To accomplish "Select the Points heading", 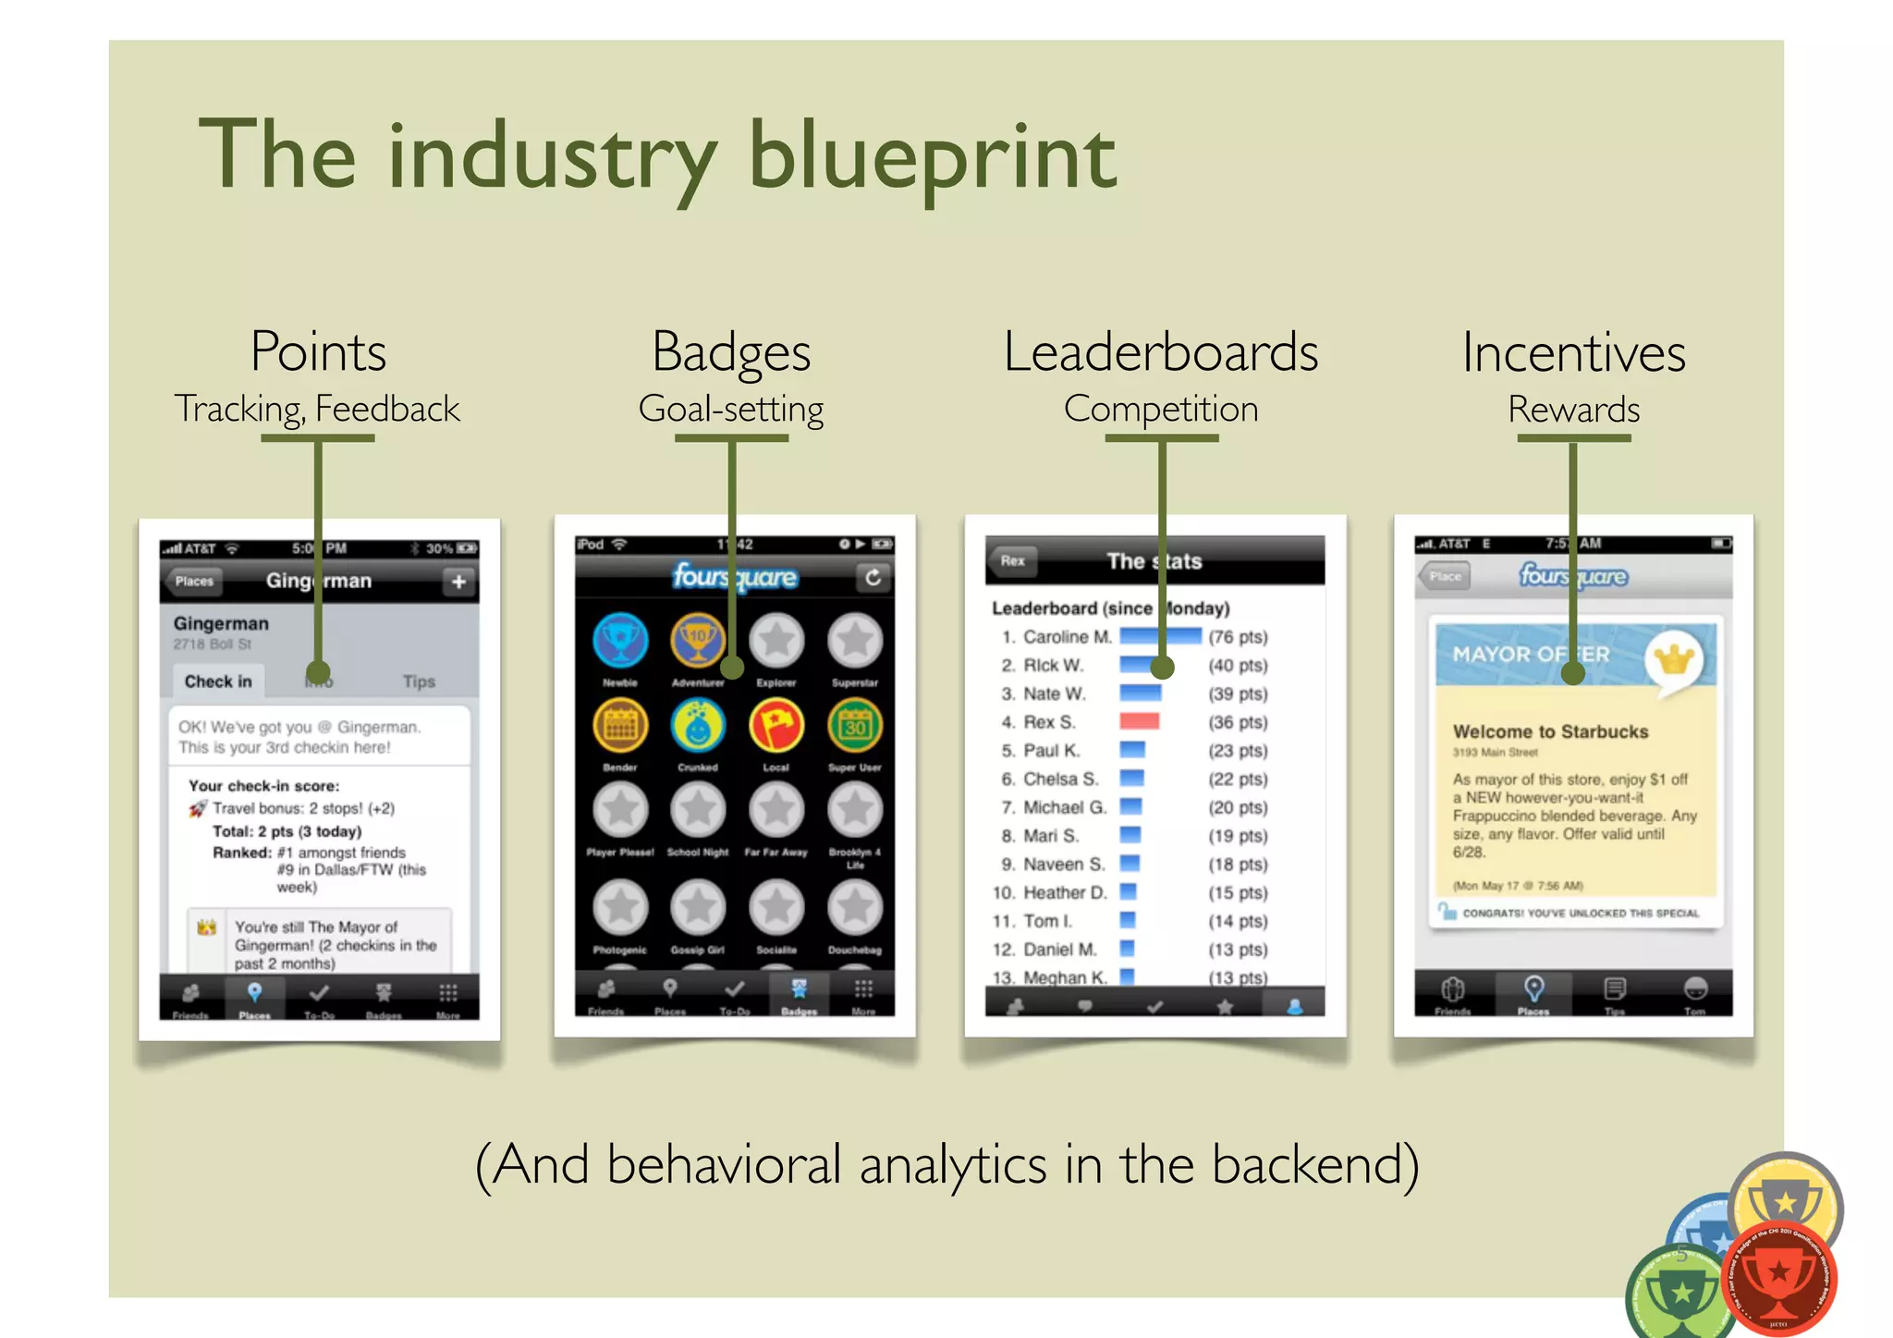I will coord(318,352).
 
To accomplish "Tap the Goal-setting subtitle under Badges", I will coord(730,409).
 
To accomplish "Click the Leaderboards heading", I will coord(1160,352).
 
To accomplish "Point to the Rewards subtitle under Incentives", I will coord(1573,409).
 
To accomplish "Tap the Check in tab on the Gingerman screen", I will coord(218,681).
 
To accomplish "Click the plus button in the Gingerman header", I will coord(458,582).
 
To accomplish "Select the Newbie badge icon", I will coord(620,641).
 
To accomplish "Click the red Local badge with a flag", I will coord(776,726).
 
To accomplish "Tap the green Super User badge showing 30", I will coord(855,726).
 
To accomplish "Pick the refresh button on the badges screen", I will coord(873,578).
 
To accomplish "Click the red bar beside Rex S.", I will coord(1139,722).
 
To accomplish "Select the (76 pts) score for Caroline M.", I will coord(1238,637).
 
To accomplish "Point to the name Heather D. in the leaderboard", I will coord(1064,893).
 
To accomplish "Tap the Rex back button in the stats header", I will coord(1013,560).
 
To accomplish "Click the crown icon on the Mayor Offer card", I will coord(1674,659).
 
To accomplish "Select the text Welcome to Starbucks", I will coord(1550,731).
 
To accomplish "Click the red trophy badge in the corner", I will coord(1777,1276).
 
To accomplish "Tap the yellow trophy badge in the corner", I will coord(1786,1200).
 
